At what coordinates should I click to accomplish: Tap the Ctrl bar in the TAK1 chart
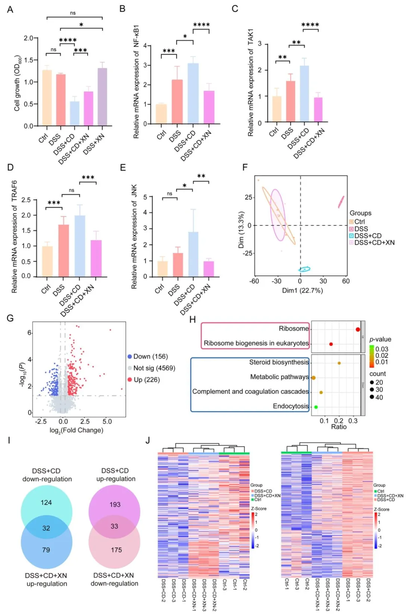click(x=277, y=109)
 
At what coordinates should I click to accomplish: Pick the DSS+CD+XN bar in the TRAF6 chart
click(x=96, y=259)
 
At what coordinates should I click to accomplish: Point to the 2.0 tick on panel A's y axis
click(x=29, y=38)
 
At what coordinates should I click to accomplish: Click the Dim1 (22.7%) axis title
click(x=302, y=291)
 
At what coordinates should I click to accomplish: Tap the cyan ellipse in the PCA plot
click(x=304, y=269)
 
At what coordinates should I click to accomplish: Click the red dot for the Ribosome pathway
click(x=358, y=329)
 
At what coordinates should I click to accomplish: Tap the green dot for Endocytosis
click(x=316, y=407)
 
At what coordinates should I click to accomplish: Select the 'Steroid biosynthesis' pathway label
click(x=279, y=362)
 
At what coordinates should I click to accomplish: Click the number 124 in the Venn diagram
click(x=46, y=502)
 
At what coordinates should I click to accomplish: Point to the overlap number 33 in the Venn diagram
click(x=114, y=526)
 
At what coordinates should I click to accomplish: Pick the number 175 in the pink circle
click(x=116, y=550)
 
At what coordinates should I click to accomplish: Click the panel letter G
click(x=10, y=318)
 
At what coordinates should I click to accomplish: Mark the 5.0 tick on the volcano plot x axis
click(x=107, y=421)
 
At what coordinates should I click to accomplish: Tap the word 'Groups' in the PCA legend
click(x=360, y=213)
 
